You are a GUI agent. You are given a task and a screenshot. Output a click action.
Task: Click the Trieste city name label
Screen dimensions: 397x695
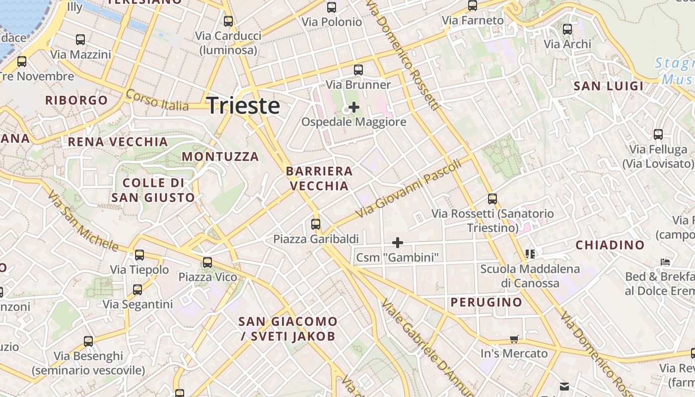tap(243, 106)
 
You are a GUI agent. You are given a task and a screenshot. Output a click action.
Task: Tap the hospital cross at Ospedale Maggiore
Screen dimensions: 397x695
tap(354, 107)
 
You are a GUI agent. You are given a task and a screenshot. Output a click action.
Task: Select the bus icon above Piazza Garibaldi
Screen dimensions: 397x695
tap(316, 224)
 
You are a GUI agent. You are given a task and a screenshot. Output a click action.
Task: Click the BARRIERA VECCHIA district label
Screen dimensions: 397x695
tap(319, 179)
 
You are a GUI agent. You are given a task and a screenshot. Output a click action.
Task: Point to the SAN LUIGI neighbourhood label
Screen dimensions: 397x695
tap(609, 86)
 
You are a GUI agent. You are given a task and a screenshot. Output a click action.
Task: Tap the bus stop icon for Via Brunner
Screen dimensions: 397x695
tap(358, 70)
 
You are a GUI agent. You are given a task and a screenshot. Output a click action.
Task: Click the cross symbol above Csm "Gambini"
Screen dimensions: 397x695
tap(398, 243)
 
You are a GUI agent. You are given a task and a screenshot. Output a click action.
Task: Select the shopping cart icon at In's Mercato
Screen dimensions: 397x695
tap(514, 339)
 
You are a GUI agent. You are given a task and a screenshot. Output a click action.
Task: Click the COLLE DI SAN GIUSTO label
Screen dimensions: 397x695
tap(153, 190)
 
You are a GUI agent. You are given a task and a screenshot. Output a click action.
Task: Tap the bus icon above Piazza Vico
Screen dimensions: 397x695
tap(208, 262)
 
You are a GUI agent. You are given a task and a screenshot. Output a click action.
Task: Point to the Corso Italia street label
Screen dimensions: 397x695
tap(157, 100)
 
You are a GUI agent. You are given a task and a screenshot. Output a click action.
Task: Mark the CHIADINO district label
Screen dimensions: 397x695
tap(610, 245)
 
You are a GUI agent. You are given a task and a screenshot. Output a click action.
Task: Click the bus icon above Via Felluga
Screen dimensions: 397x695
tap(658, 134)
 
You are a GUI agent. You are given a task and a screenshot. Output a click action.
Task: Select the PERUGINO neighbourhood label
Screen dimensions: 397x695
tap(486, 302)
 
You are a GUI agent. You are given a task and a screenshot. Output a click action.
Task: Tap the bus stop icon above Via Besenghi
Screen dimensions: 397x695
tap(88, 341)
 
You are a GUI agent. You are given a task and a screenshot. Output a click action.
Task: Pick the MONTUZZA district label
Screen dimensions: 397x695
tap(220, 157)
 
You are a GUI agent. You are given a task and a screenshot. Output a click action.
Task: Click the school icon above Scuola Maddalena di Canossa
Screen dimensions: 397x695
tap(530, 254)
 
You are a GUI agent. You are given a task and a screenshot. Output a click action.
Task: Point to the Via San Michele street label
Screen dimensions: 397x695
tap(83, 221)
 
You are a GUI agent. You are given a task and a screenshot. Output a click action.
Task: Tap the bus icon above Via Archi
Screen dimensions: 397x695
tap(567, 29)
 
